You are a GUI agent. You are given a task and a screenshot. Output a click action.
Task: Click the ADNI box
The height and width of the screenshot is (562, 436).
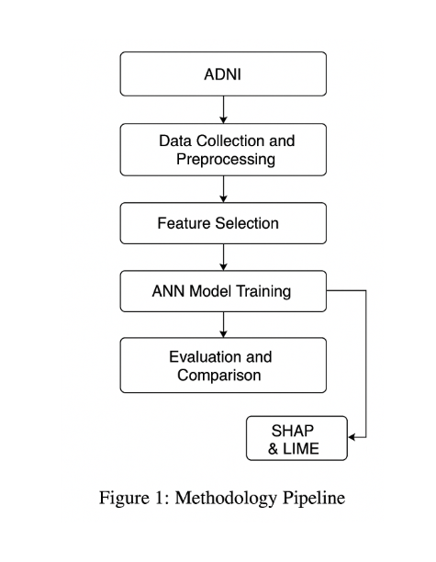point(223,74)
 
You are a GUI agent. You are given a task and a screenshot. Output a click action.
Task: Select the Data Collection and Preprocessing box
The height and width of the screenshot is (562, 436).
point(223,150)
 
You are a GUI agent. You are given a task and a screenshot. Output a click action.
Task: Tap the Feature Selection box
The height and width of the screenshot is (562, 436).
point(223,223)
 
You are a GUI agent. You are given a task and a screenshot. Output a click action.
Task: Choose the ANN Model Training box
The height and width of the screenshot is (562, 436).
point(223,292)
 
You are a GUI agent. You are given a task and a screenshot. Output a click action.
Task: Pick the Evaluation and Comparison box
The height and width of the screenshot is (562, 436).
point(223,365)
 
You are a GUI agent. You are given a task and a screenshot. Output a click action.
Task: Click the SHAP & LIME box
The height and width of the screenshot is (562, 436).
point(297,439)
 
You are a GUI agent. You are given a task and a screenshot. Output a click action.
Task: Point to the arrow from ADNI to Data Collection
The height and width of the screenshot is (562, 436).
point(224,109)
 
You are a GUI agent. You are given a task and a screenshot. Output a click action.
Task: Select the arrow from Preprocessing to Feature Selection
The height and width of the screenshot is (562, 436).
point(224,189)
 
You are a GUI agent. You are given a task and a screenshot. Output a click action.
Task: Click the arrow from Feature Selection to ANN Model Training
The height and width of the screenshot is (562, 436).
point(224,257)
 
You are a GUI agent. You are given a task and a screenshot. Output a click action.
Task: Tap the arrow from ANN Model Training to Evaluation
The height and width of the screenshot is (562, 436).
point(224,325)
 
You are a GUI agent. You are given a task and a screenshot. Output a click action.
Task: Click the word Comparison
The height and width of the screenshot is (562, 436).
point(220,375)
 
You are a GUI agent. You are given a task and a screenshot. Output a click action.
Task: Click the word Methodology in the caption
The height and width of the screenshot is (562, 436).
point(217,500)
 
